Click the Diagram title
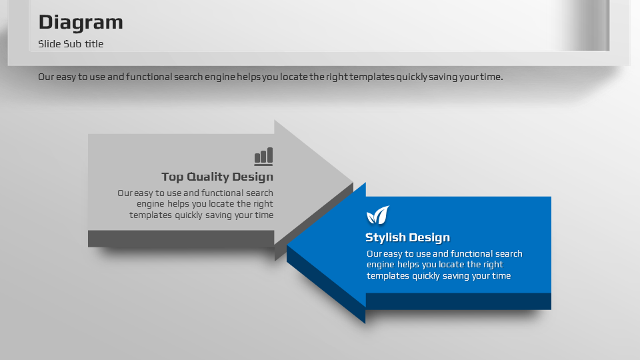tap(81, 23)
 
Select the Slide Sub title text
tap(71, 44)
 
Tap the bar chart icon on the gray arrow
tap(264, 156)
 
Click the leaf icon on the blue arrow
tap(377, 215)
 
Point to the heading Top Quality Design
tap(217, 177)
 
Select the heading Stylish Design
tap(407, 237)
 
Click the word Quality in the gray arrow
tap(208, 177)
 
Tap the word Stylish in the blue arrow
tap(385, 237)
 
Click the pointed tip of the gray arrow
tap(353, 182)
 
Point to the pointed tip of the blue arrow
tap(287, 246)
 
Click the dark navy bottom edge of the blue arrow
tap(458, 301)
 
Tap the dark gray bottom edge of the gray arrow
tap(181, 239)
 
